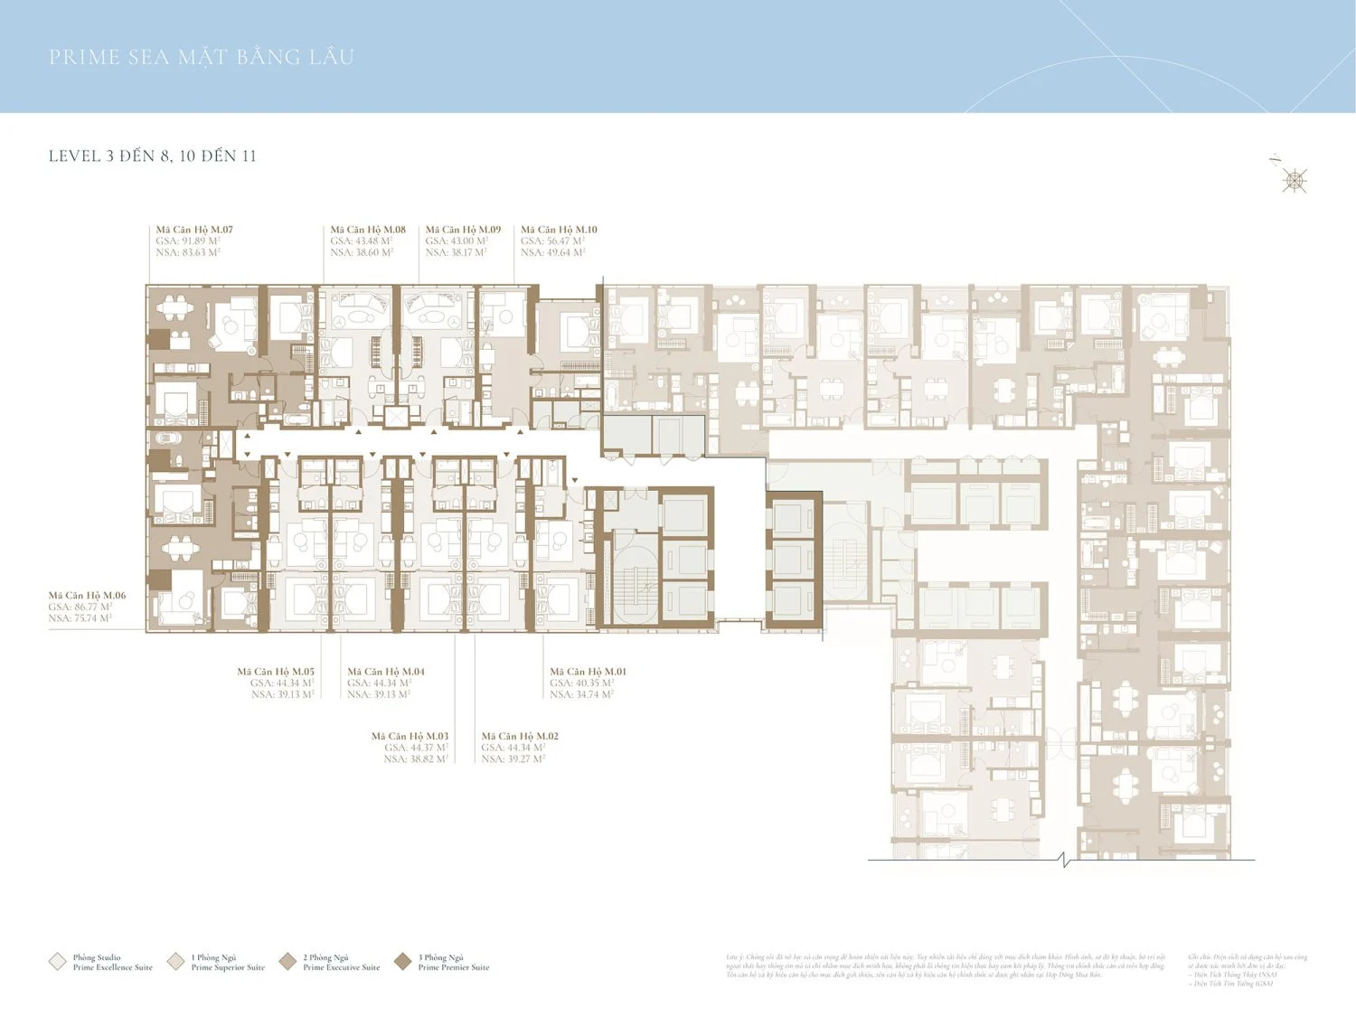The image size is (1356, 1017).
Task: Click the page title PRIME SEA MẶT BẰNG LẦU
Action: click(201, 57)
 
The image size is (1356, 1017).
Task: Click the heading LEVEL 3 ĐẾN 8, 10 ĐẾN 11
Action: click(152, 155)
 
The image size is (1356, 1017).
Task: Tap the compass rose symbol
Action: click(1295, 181)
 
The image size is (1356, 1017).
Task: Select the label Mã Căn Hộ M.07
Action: click(194, 230)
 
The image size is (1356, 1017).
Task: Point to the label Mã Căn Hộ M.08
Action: click(368, 230)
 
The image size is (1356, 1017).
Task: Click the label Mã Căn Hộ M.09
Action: click(463, 230)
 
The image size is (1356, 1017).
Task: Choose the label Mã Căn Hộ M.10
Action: click(559, 230)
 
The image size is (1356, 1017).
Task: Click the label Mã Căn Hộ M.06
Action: click(87, 596)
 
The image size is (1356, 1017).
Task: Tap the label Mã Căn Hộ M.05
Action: click(276, 672)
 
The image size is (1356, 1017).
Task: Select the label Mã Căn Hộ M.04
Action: click(386, 672)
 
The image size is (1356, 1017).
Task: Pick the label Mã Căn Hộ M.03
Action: click(410, 736)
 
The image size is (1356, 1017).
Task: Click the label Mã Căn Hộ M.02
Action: click(520, 736)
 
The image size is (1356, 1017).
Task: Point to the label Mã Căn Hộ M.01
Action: click(588, 672)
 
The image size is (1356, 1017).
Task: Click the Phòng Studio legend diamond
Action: click(58, 961)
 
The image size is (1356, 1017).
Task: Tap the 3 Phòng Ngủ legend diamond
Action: click(403, 961)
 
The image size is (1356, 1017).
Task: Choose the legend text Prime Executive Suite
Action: click(342, 967)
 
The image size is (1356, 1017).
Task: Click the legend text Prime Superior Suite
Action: click(228, 967)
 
